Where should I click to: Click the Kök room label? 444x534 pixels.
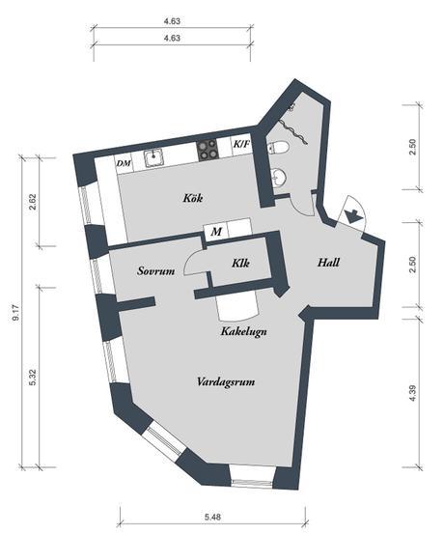(193, 198)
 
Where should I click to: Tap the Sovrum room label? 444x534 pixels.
(156, 271)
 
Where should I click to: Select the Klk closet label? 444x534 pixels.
(240, 263)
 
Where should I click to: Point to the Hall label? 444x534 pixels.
(328, 263)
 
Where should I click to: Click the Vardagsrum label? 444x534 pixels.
(226, 381)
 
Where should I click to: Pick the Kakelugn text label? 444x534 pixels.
(244, 331)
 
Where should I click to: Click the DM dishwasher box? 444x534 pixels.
(124, 164)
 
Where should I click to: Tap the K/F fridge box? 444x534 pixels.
(241, 145)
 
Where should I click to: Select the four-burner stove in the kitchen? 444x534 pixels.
(208, 151)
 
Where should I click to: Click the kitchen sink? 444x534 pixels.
(155, 158)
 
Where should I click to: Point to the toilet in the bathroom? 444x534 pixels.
(278, 148)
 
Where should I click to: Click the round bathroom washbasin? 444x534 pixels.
(280, 176)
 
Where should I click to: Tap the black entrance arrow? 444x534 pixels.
(351, 216)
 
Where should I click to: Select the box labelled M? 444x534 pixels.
(216, 232)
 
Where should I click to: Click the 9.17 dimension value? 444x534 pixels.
(15, 313)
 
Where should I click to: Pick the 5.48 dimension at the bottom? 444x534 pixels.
(212, 518)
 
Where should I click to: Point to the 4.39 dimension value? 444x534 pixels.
(412, 393)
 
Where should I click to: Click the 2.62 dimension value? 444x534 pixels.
(33, 202)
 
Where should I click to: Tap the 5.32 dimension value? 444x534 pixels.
(33, 378)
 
